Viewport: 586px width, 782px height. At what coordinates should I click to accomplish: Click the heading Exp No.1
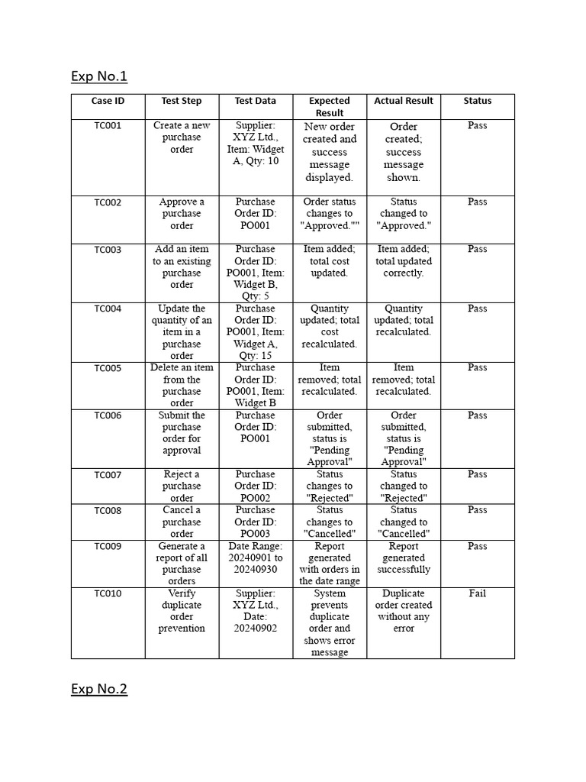point(99,76)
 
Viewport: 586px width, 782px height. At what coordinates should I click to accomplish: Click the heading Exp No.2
point(99,690)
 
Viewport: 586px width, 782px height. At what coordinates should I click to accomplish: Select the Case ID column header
point(108,101)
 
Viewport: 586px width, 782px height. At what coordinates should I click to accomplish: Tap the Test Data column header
point(255,101)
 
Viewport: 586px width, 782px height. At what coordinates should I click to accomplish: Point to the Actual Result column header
point(403,101)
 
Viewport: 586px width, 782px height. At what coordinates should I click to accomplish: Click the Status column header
point(477,101)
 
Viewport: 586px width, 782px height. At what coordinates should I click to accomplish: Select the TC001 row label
point(108,126)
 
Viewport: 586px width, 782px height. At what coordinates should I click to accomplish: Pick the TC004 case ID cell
point(108,309)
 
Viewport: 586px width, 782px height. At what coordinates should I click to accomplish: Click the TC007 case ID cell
point(108,475)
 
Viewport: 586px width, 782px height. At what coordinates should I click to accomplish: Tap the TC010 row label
point(108,594)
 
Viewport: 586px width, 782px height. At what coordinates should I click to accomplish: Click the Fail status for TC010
point(477,593)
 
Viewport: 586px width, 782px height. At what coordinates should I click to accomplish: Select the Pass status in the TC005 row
point(477,368)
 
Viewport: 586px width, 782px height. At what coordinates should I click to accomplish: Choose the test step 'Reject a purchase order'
point(182,486)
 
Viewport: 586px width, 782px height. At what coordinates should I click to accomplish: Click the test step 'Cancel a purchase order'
point(182,522)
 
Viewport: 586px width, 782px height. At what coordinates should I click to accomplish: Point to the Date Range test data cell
point(255,557)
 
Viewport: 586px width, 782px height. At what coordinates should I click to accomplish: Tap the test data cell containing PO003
point(255,522)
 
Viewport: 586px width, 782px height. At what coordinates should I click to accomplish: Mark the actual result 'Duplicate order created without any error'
point(403,611)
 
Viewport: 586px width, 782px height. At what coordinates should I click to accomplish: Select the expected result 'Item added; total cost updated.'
point(329,261)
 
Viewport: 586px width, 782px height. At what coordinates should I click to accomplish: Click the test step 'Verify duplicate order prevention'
point(182,611)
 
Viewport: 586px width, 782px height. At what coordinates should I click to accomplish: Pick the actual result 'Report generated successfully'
point(403,557)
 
